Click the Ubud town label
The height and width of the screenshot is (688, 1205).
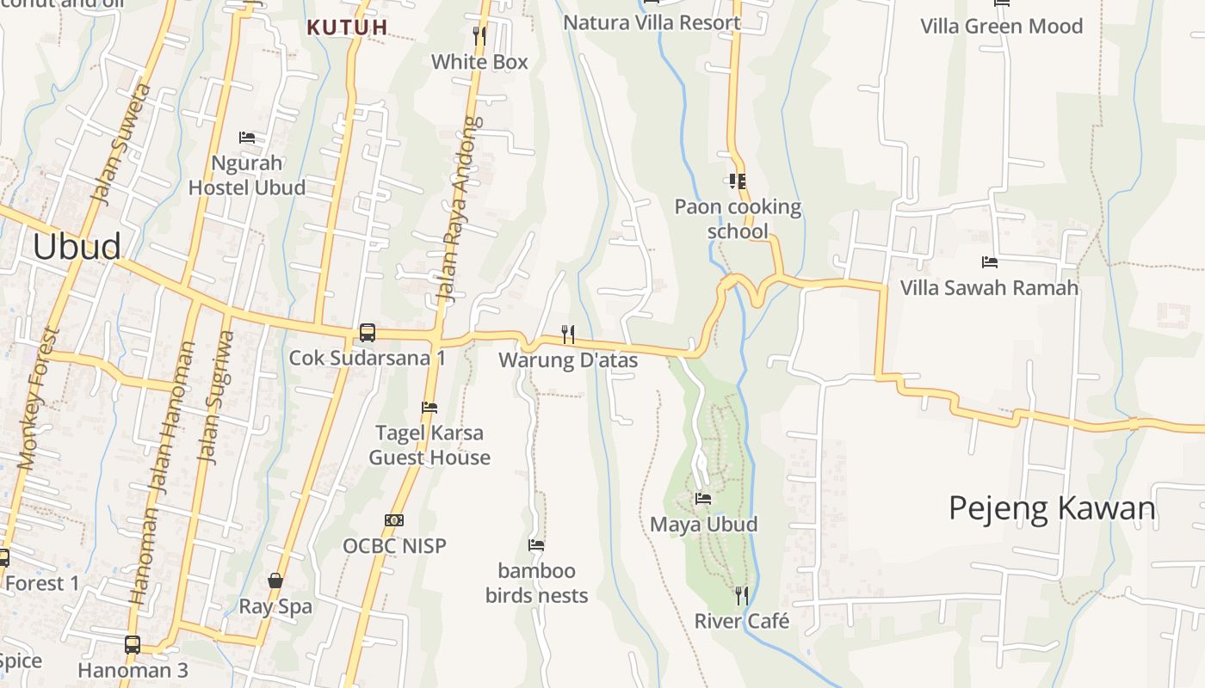coord(77,247)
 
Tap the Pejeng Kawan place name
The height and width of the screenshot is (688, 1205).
coord(1052,508)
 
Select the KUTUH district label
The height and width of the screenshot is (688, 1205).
coord(347,28)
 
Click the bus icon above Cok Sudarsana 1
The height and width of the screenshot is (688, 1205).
coord(368,332)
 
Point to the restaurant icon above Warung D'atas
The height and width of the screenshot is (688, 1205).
coord(568,334)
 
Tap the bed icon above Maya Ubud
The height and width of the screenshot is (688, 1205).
coord(703,499)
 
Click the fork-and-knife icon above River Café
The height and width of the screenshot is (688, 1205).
coord(741,595)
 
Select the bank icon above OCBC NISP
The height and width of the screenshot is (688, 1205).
coord(394,520)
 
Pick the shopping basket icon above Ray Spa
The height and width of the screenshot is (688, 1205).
coord(275,580)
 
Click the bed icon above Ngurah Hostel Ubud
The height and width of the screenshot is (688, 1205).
coord(247,138)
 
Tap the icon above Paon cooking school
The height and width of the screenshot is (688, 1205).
coord(737,181)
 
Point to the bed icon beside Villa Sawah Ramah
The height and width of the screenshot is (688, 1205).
coord(989,262)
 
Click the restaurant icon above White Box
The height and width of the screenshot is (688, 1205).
coord(479,36)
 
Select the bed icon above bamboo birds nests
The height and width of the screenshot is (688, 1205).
coord(536,545)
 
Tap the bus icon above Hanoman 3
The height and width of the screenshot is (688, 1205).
coord(133,644)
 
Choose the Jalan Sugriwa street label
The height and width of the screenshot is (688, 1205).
coord(215,397)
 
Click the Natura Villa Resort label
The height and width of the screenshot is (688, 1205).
coord(652,22)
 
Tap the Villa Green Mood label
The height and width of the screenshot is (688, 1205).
coord(1001,26)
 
